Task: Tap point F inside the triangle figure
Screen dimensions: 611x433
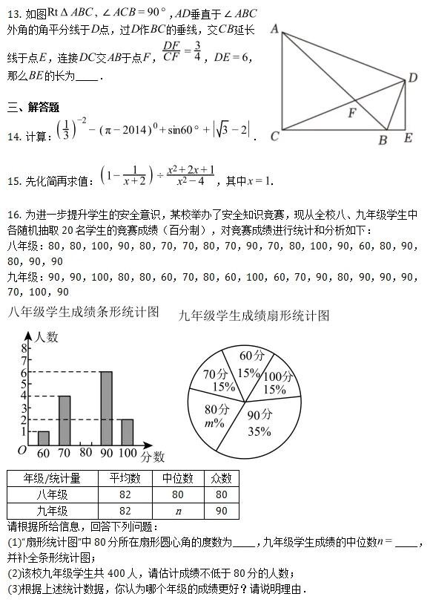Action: [x=353, y=113]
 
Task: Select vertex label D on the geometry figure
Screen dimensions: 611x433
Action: [x=413, y=78]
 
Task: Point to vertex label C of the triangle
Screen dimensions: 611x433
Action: [x=274, y=136]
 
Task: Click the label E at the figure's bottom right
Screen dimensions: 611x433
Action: [x=408, y=138]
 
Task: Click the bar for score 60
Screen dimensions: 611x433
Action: [x=43, y=437]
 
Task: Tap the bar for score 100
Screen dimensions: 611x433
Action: [x=127, y=431]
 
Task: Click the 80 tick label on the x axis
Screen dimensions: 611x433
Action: [x=85, y=453]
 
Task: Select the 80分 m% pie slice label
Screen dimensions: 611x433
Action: [x=216, y=416]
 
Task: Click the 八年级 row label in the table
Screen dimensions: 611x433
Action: [x=52, y=494]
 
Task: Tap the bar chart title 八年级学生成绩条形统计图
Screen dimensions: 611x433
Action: [x=83, y=313]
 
